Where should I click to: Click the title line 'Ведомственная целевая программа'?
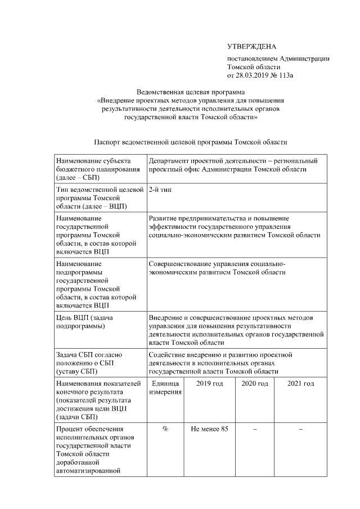coord(191,93)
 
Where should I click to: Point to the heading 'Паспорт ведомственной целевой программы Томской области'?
coord(191,143)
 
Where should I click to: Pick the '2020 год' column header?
coord(255,384)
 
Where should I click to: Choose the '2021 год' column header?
coord(300,384)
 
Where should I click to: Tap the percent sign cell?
coord(165,430)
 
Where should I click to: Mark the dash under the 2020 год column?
coord(255,430)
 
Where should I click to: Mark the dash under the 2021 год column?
coord(300,430)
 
